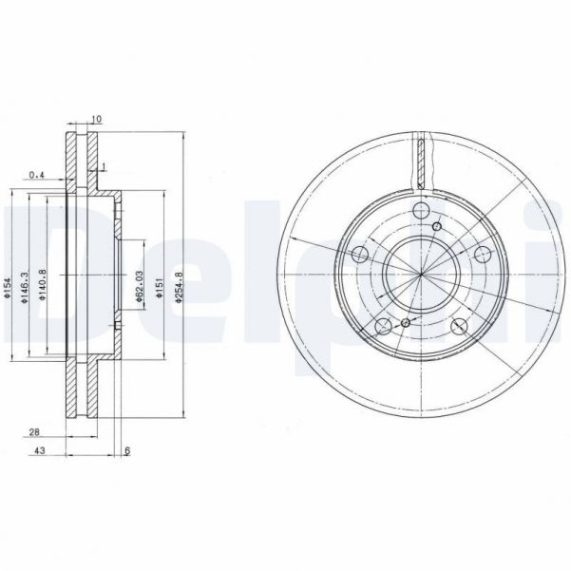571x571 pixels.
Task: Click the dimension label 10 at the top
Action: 97,120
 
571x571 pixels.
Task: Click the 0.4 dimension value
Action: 37,175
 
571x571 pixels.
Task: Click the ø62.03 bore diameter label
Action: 139,285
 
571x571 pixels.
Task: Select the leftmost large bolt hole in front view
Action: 360,255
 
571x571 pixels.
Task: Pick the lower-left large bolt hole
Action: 383,327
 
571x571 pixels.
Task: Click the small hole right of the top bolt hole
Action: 438,226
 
